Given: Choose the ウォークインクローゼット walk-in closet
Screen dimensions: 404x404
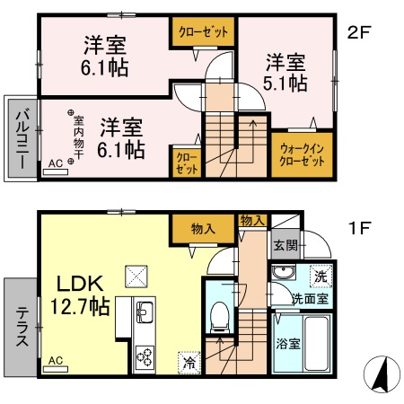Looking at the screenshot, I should click(302, 155).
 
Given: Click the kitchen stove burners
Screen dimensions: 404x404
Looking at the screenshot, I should click(145, 356).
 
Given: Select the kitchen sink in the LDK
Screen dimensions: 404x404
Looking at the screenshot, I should click(145, 314).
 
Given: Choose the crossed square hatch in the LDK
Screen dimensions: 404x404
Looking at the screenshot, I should click(137, 273).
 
